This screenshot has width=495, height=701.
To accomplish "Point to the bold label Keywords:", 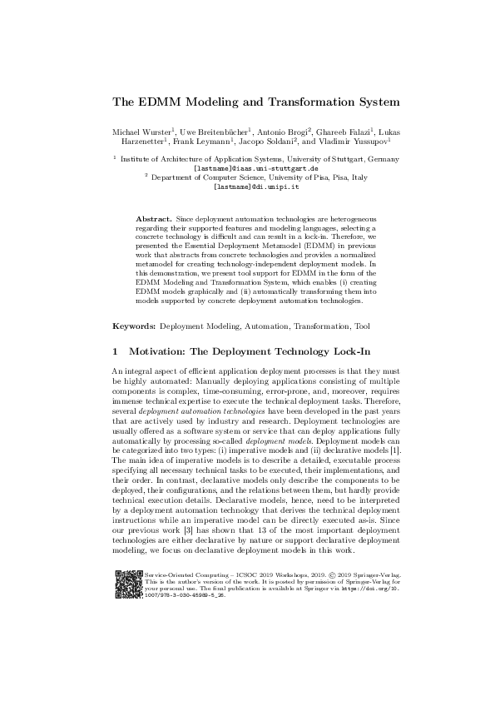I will click(133, 327).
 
